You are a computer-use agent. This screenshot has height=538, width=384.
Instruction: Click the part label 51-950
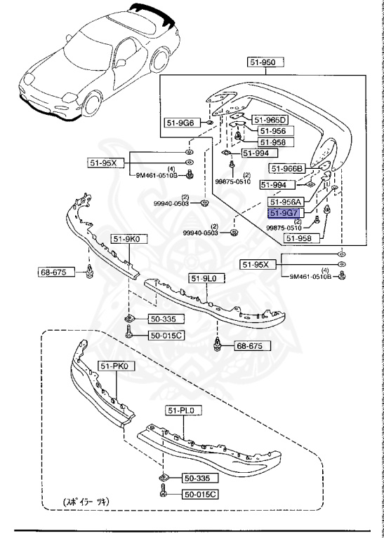(266, 62)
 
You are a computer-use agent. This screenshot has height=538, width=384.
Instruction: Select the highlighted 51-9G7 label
(284, 214)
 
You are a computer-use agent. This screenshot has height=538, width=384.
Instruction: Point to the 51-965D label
(270, 119)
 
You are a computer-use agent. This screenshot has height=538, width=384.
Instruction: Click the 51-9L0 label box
(206, 278)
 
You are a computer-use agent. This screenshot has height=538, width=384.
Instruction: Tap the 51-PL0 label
(183, 410)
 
